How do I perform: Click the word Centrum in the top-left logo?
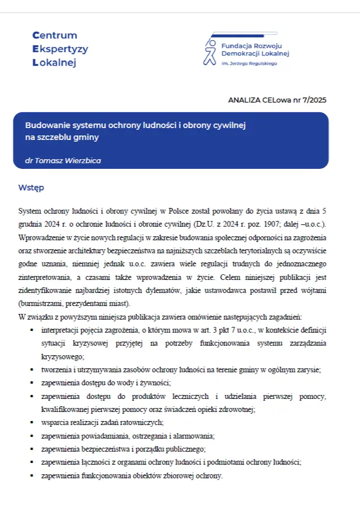click(x=55, y=35)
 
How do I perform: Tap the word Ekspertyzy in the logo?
click(x=61, y=49)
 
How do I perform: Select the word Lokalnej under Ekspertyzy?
click(x=54, y=62)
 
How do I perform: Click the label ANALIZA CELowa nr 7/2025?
click(x=277, y=100)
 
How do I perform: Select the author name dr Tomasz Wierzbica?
click(x=63, y=160)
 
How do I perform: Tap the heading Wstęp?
click(x=31, y=188)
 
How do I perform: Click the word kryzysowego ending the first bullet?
click(x=62, y=356)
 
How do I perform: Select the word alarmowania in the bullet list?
click(x=194, y=436)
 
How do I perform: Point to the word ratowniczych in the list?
click(x=144, y=422)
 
